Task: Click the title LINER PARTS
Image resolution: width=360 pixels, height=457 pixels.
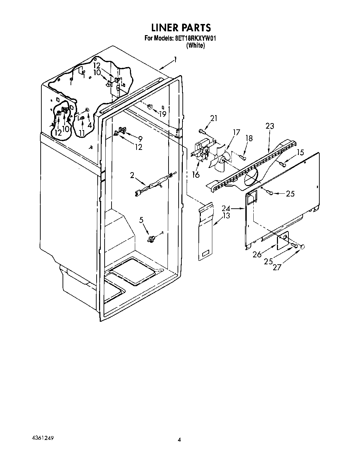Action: pos(180,27)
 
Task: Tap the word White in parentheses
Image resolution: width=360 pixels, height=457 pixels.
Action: pos(196,45)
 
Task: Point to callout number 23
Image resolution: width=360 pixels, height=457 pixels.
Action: pos(270,126)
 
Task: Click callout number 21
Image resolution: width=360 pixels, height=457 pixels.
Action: pos(213,119)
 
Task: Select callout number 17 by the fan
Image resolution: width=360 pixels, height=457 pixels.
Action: pos(236,132)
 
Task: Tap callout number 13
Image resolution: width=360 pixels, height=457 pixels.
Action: pos(226,216)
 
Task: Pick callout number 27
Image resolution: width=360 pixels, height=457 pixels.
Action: pos(277,267)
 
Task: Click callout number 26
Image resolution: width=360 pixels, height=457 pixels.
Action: pos(257,255)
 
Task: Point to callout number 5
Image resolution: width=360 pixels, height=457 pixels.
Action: pos(141,220)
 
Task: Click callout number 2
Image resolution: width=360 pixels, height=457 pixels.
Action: pos(132,175)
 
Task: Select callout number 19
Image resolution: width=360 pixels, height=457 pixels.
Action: pos(163,113)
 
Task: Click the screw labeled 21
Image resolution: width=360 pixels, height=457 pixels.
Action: pos(202,131)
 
